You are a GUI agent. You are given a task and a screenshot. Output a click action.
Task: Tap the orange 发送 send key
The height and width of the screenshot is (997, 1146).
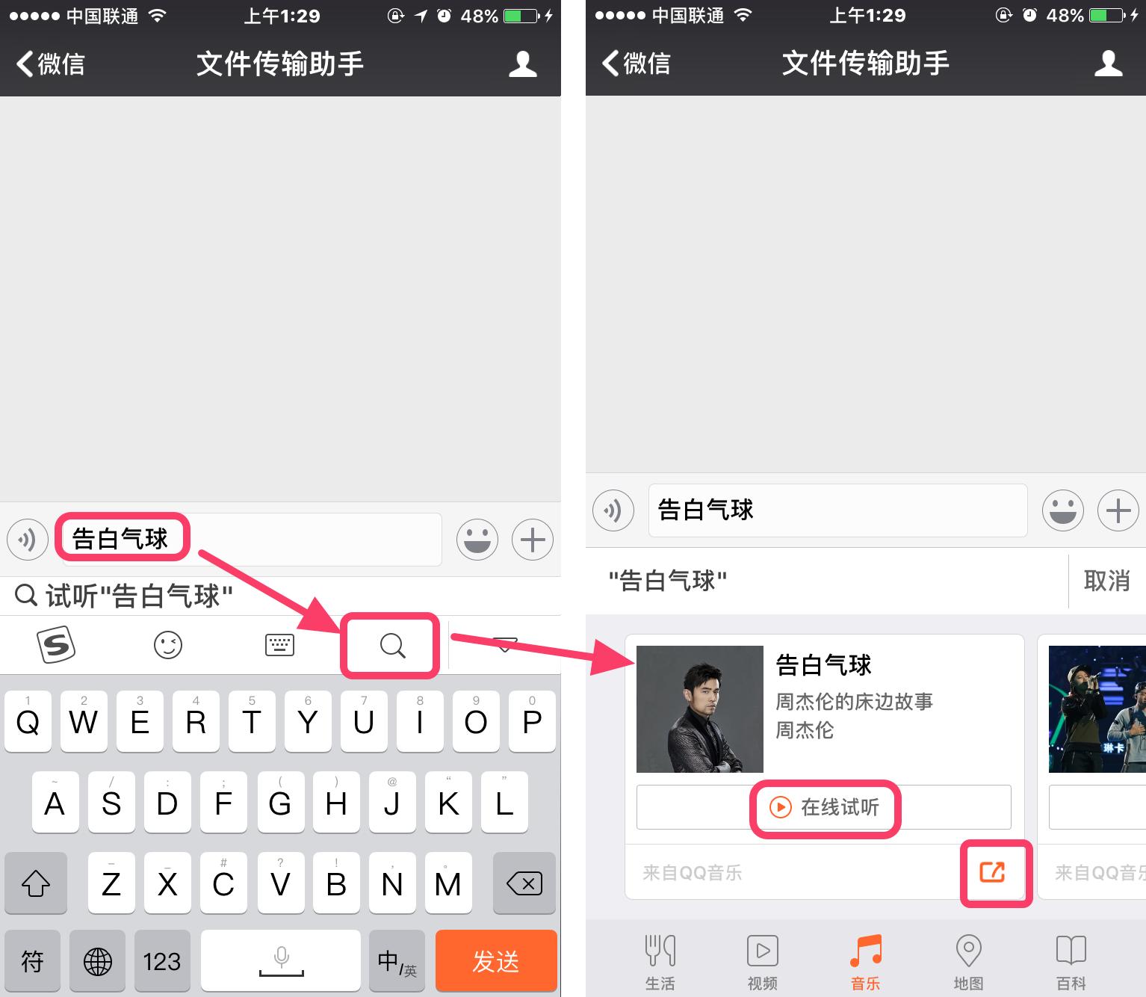click(496, 961)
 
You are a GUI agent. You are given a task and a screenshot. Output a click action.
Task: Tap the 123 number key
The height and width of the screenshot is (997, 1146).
click(162, 961)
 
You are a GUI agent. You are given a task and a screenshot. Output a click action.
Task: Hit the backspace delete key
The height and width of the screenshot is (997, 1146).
click(524, 884)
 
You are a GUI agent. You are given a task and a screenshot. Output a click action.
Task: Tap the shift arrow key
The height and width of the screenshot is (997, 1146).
click(36, 884)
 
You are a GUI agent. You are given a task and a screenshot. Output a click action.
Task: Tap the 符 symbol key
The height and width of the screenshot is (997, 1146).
click(32, 961)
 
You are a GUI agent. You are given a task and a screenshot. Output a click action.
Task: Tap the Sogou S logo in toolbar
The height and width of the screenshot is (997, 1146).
click(56, 644)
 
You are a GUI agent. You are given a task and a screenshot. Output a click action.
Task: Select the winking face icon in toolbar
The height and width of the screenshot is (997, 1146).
click(168, 645)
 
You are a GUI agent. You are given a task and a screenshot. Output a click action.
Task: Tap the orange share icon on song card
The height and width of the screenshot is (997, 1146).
click(993, 871)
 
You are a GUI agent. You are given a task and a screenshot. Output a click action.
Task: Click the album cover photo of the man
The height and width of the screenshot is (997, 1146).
click(700, 709)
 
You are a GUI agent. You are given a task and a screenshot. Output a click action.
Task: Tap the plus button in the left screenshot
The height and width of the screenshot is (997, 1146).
click(532, 540)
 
